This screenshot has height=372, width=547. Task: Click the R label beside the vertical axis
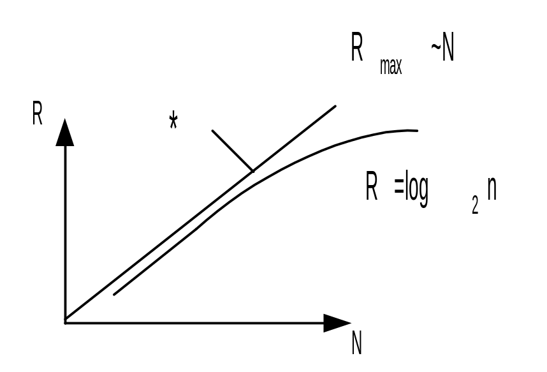tap(37, 114)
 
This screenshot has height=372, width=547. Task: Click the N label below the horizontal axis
tap(356, 345)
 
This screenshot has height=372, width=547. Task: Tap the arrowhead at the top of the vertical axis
tap(65, 133)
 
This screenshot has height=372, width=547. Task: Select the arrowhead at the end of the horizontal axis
tap(337, 323)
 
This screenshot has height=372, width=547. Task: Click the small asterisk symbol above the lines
tap(173, 120)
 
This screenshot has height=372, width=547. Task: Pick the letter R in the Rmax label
tap(357, 49)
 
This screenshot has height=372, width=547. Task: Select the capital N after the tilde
tap(448, 50)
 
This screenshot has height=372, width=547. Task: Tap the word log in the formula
tap(416, 190)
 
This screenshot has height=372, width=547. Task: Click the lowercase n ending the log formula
tap(491, 191)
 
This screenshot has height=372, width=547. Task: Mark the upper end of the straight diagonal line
tap(335, 107)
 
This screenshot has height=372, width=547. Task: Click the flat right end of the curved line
tap(416, 131)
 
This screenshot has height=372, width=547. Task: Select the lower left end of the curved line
tap(115, 294)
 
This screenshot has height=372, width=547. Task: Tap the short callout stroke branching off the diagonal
tap(232, 151)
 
